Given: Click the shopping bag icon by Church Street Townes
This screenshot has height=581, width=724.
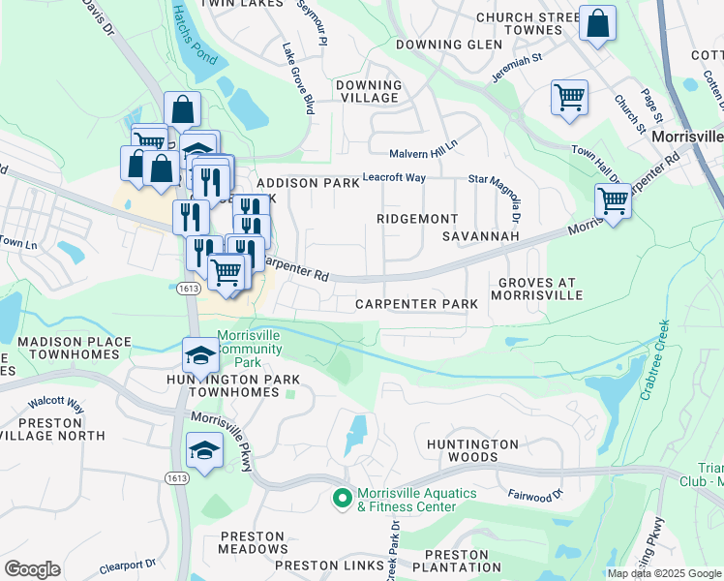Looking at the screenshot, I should [x=597, y=22].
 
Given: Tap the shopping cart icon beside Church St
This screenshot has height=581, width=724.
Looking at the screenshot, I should [x=569, y=96].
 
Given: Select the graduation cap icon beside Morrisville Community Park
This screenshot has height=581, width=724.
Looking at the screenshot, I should [x=200, y=354].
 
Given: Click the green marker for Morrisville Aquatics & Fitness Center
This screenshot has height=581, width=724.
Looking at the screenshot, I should [x=341, y=500].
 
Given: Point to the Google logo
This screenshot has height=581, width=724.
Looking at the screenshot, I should [x=32, y=569].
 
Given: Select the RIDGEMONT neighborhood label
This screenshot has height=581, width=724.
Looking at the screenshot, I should [x=416, y=219].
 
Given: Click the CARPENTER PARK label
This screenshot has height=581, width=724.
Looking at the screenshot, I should [x=416, y=304].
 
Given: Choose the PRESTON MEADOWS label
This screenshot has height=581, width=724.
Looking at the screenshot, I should [x=254, y=542].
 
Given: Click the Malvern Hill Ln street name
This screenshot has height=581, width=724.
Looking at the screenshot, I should [x=423, y=154].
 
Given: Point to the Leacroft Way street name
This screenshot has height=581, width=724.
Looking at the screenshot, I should [x=394, y=177].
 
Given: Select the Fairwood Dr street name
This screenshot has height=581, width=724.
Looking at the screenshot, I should [x=535, y=496].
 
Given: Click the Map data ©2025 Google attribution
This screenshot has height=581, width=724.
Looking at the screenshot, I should [x=664, y=573].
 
